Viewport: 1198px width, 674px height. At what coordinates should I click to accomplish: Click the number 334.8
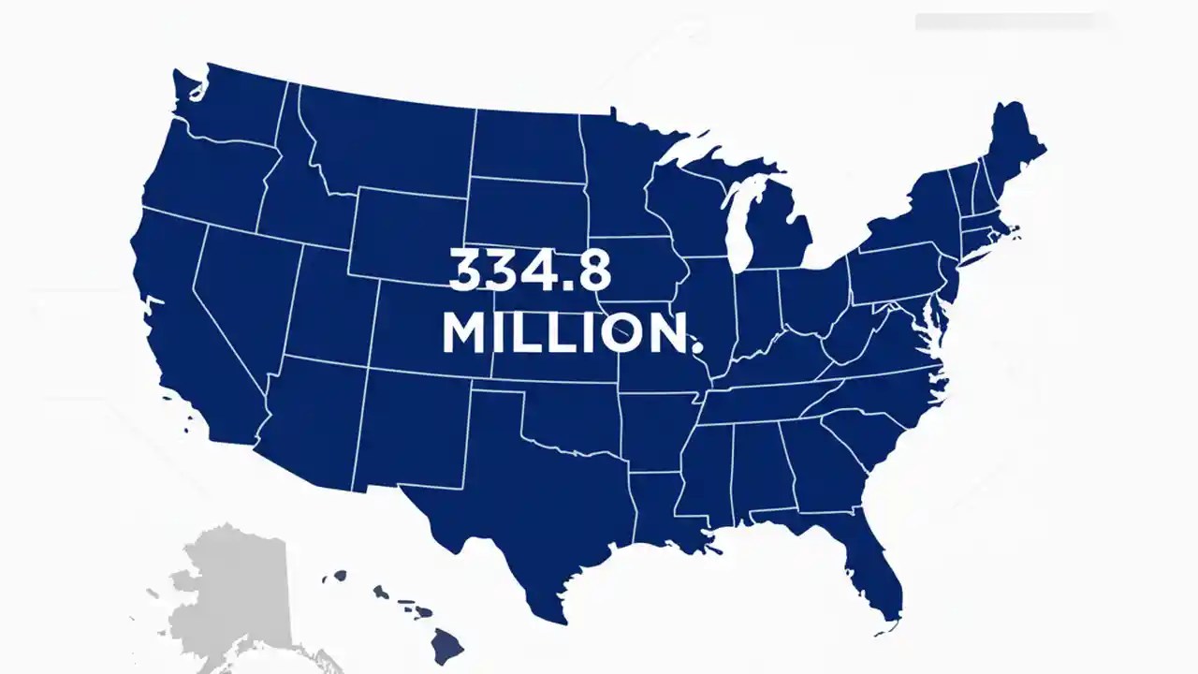pos(530,270)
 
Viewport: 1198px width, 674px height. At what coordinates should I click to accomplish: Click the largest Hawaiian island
pos(447,643)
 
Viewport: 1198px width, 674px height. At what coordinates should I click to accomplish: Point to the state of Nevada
pos(239,290)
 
